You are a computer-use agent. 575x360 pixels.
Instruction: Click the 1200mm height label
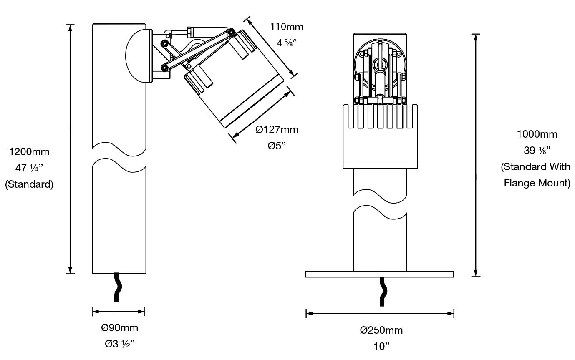[29, 152]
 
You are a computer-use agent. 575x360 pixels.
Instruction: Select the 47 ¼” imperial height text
[29, 168]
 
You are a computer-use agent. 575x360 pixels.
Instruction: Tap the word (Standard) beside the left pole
[29, 184]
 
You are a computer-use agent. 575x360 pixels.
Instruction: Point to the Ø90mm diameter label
[119, 328]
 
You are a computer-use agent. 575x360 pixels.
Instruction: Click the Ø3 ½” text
[119, 344]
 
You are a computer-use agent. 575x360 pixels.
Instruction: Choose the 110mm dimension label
[287, 27]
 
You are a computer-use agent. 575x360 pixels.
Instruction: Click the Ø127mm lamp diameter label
[277, 129]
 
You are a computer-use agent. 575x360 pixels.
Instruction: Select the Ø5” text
[277, 146]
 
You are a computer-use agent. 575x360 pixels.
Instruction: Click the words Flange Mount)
[537, 183]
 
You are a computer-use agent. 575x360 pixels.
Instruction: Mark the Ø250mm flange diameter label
[381, 330]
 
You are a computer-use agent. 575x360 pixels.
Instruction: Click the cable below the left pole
[117, 287]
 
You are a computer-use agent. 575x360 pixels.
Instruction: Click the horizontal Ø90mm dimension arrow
[119, 311]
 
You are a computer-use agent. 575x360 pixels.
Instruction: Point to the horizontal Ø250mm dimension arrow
[380, 313]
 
